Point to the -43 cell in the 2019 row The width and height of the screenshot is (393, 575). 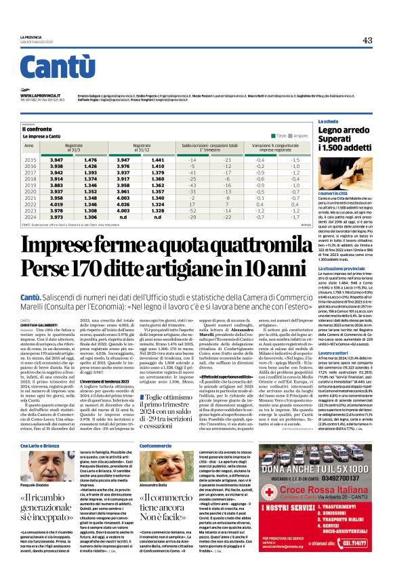tap(192, 185)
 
